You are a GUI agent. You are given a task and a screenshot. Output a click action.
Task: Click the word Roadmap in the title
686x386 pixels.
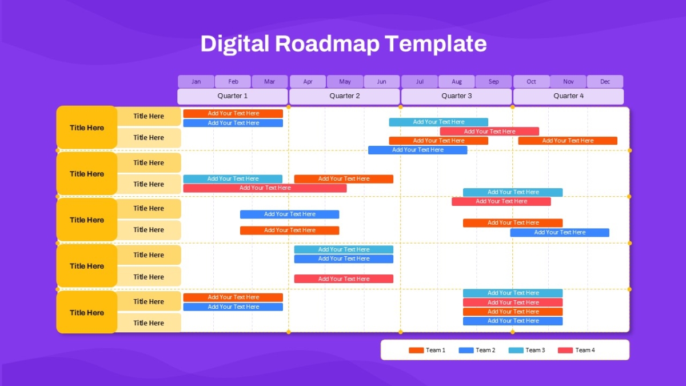click(327, 44)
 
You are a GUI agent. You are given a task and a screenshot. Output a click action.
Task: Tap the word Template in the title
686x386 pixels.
click(436, 44)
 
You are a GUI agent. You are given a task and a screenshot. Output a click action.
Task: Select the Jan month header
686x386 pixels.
click(196, 81)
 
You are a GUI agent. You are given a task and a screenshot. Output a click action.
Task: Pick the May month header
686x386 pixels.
click(345, 81)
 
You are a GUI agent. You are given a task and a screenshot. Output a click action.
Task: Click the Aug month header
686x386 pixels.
click(457, 81)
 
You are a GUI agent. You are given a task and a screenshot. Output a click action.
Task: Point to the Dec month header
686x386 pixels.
click(605, 81)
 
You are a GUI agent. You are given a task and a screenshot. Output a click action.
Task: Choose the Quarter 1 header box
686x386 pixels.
click(233, 96)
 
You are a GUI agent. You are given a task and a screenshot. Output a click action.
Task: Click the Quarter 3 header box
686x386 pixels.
click(456, 96)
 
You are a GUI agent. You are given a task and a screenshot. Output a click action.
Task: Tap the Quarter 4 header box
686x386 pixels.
click(568, 96)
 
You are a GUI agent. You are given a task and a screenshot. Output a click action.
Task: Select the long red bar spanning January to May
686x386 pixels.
click(265, 188)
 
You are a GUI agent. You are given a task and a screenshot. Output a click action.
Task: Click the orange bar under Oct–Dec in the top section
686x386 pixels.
click(568, 141)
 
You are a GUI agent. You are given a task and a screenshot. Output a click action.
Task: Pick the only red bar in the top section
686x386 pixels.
click(489, 132)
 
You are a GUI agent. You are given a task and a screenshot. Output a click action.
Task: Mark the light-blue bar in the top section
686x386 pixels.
click(438, 122)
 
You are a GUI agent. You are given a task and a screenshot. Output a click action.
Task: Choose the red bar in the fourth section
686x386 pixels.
click(344, 279)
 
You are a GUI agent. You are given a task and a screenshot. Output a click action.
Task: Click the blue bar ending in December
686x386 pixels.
click(560, 233)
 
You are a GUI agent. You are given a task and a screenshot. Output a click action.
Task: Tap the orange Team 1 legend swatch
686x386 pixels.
click(416, 350)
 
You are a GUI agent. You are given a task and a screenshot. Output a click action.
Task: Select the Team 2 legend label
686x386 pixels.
click(485, 350)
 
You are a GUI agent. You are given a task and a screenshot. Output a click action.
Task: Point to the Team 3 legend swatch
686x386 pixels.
click(516, 350)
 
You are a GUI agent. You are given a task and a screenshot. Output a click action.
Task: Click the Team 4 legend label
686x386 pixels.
click(585, 350)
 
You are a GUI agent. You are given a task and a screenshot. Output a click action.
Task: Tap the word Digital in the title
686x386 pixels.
click(234, 44)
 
